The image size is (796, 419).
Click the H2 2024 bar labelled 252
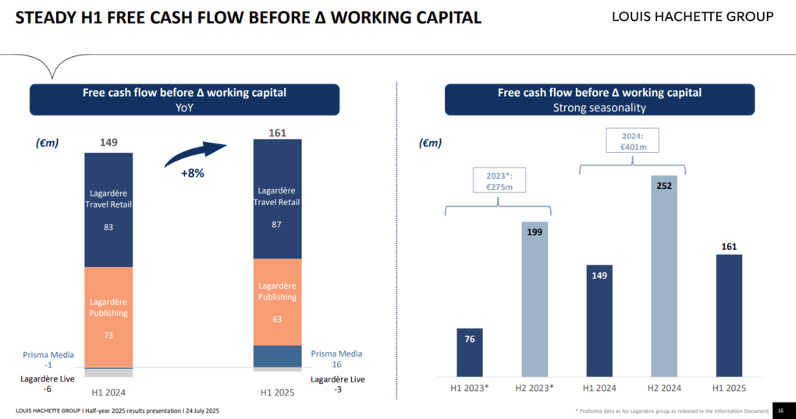pos(664,276)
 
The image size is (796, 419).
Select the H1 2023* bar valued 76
pos(470,353)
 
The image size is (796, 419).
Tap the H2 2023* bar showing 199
pos(535,300)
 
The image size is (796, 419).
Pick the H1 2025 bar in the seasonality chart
pos(729,315)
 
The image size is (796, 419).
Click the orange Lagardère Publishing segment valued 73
pos(108,317)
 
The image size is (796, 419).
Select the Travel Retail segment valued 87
pos(277,199)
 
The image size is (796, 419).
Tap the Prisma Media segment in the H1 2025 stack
pos(277,356)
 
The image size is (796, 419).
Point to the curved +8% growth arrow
pos(195,154)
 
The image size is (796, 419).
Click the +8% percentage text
pos(193,173)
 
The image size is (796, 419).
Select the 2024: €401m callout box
pos(632,140)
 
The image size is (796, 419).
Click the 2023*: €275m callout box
pos(499,180)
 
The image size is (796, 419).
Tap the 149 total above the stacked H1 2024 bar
pos(108,143)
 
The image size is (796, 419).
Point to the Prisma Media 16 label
pos(336,359)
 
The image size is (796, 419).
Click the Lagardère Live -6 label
pos(47,384)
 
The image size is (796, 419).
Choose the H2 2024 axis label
pos(664,388)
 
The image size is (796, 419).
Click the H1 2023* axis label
pos(470,388)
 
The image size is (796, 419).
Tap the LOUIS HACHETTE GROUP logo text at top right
pos(692,16)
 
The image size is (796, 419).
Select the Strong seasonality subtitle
pos(599,108)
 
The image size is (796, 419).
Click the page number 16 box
pos(780,410)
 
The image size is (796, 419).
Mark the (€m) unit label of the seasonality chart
pos(430,143)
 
